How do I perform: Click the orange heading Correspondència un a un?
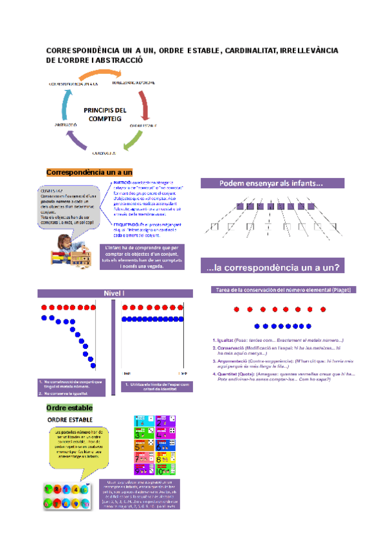click(89, 172)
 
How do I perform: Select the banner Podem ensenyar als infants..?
click(279, 183)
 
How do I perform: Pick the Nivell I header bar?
click(114, 294)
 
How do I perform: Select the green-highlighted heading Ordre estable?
click(69, 408)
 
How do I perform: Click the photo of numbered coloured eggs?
click(64, 496)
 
